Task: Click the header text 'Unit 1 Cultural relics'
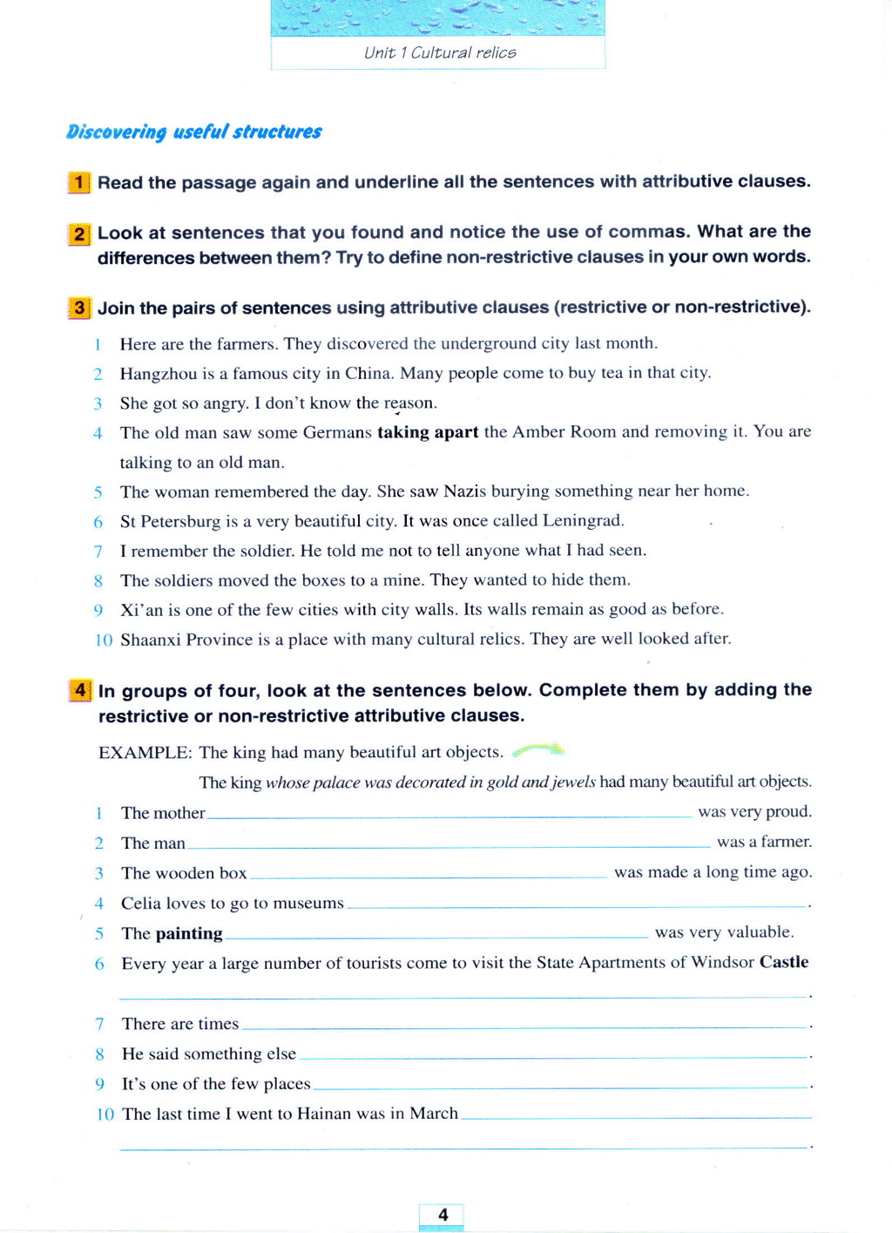pos(440,52)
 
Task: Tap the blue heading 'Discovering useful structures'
pos(194,132)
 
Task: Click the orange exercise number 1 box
pos(79,182)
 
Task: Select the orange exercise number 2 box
pos(79,234)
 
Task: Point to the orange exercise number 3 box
pos(79,308)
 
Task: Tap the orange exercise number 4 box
pos(80,691)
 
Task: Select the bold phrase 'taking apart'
pos(428,432)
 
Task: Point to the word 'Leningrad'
pos(583,520)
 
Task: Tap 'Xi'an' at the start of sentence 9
pos(142,609)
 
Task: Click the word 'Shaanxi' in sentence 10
pos(151,640)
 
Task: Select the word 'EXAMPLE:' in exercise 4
pos(145,752)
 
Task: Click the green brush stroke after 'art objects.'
pos(538,749)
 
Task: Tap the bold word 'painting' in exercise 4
pos(189,933)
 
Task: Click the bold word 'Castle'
pos(784,962)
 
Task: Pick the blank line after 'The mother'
pos(449,815)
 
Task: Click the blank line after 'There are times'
pos(524,1026)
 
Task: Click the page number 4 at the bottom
pos(443,1215)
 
